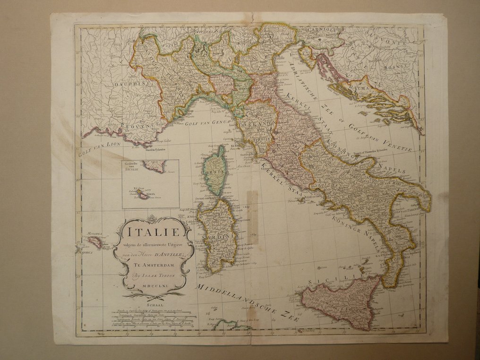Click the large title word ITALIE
152,232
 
